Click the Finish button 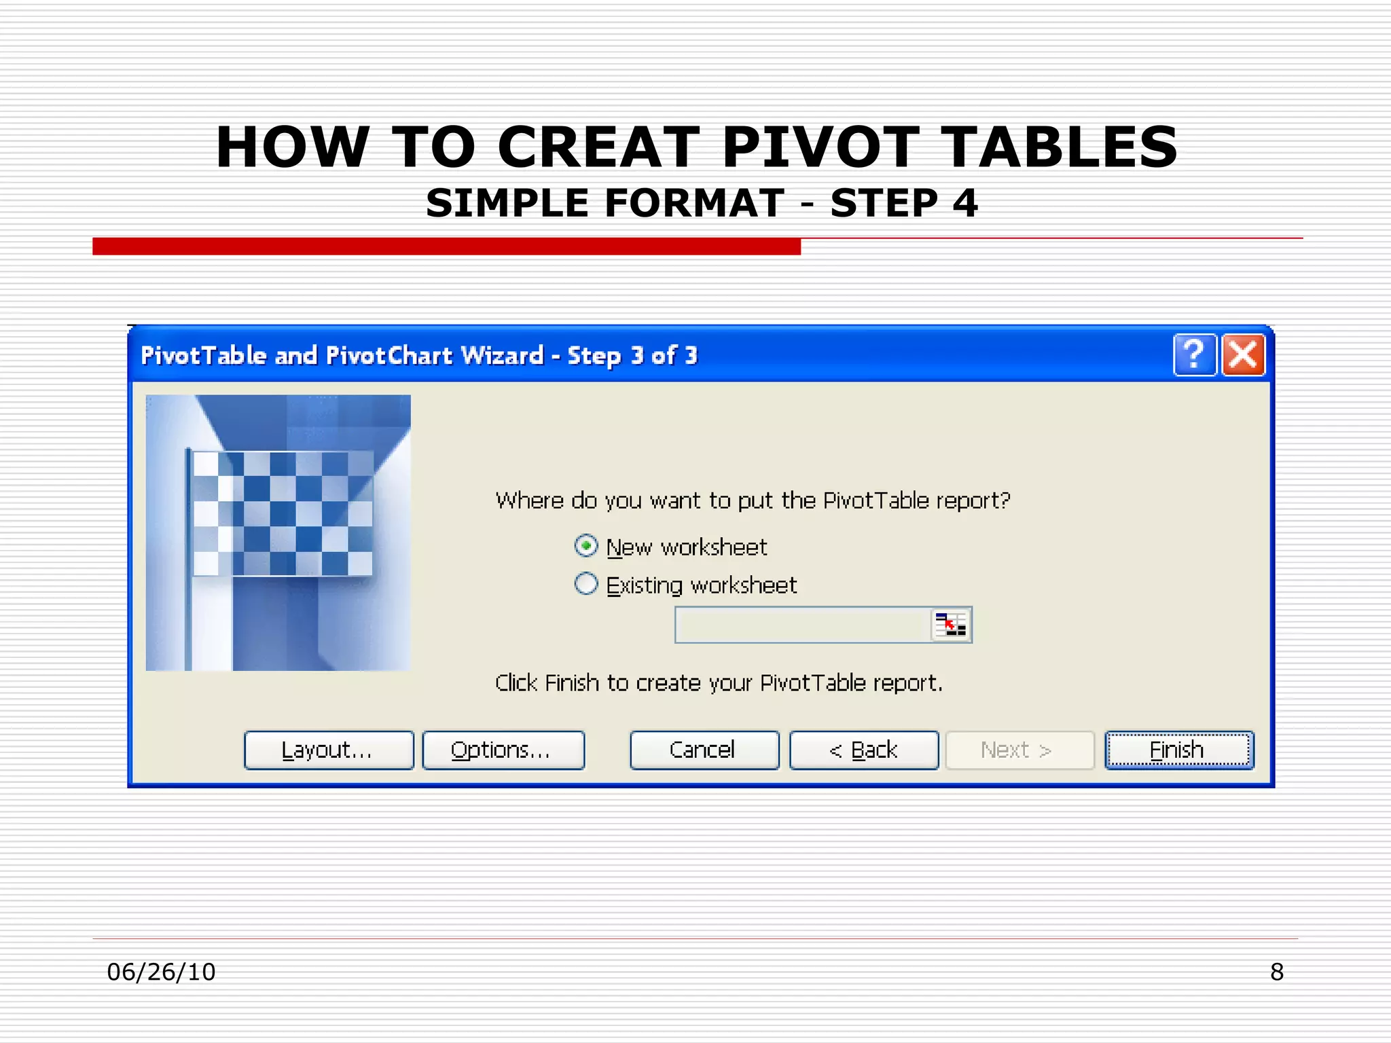[1178, 750]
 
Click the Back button [864, 750]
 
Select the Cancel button [704, 750]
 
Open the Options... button [503, 750]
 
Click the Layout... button [329, 750]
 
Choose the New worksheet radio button [586, 546]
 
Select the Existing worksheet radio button [586, 584]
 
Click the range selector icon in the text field [950, 625]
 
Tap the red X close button [1243, 354]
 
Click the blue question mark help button [1194, 354]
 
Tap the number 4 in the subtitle [964, 203]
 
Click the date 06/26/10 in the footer [161, 972]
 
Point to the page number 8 [1276, 972]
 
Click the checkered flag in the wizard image [282, 513]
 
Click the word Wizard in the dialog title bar [502, 355]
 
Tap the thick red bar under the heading [446, 246]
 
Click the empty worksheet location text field [801, 625]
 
